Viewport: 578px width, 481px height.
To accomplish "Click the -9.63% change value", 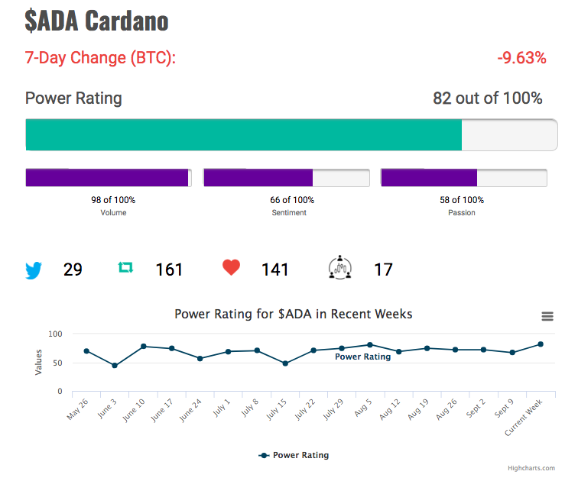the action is [521, 58].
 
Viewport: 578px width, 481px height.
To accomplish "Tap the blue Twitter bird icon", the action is [34, 270].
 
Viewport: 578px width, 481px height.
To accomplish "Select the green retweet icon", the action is [125, 267].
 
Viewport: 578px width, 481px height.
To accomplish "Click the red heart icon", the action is [231, 267].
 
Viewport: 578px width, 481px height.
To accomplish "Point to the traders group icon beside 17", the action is [340, 267].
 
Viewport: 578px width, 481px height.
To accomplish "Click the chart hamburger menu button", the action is [547, 316].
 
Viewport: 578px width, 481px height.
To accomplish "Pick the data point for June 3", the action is [115, 366].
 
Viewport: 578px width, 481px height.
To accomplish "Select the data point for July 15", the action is [285, 363].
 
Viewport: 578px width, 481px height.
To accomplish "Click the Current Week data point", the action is [541, 344].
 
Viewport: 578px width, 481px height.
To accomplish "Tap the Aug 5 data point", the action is [370, 345].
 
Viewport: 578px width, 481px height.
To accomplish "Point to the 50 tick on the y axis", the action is [57, 363].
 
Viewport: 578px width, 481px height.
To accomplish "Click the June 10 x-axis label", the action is [134, 410].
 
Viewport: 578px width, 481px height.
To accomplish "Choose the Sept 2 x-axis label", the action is [476, 408].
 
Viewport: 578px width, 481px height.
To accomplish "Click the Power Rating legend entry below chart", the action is [294, 455].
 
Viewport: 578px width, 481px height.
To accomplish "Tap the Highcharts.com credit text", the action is [531, 468].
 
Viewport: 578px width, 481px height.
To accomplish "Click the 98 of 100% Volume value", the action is [113, 200].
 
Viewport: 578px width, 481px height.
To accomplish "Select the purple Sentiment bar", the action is [258, 178].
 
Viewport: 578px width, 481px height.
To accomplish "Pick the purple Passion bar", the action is [429, 178].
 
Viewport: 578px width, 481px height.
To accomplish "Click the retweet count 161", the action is [169, 270].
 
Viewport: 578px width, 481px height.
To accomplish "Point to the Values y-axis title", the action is [38, 363].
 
